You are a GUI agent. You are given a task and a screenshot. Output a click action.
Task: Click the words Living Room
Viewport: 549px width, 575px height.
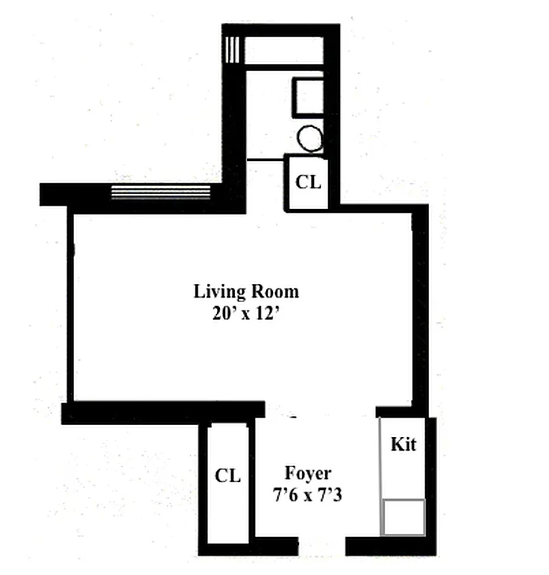[246, 292]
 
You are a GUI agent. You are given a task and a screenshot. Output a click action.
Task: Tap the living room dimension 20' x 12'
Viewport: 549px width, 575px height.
[246, 313]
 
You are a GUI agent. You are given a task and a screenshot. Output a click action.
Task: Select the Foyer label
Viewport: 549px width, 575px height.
[308, 473]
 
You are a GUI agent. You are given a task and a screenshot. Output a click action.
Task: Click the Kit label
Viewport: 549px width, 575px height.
[403, 444]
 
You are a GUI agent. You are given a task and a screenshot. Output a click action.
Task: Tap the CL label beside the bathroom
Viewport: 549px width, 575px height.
[308, 182]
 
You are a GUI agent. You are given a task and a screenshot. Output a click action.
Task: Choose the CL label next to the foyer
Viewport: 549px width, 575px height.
[228, 475]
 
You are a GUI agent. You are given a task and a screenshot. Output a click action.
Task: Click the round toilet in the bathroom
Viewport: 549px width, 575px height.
[310, 138]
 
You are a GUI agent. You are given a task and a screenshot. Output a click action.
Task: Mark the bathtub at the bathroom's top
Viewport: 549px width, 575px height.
[283, 51]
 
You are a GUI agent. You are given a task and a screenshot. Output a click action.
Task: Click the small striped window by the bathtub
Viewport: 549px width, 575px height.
[231, 50]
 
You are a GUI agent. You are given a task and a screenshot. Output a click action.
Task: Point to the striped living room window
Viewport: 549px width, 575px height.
[160, 192]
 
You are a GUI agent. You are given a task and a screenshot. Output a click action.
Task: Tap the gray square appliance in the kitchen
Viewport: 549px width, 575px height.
[403, 517]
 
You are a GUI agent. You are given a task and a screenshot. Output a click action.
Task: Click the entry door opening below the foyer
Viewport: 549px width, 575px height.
[322, 546]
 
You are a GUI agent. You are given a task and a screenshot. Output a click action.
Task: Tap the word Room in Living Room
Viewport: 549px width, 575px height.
[274, 292]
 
